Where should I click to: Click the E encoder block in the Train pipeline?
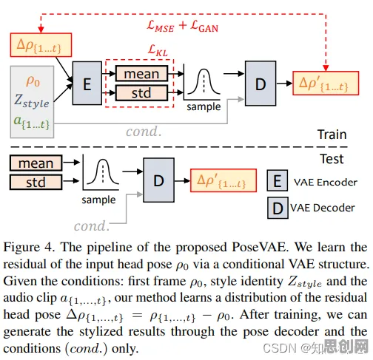click(87, 84)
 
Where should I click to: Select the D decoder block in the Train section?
click(261, 84)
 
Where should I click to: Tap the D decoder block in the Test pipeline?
click(159, 180)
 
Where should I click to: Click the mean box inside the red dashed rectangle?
click(141, 73)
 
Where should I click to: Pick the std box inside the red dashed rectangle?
click(141, 93)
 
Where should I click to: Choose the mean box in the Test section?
click(36, 163)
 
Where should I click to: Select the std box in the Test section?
click(36, 182)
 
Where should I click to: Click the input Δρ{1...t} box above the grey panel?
click(41, 45)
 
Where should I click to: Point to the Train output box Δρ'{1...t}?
click(326, 83)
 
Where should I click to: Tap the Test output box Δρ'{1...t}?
click(224, 180)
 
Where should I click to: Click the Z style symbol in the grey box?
click(32, 101)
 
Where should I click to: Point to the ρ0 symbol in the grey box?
click(33, 81)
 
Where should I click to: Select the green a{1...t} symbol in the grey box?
click(32, 123)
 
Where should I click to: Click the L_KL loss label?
click(158, 50)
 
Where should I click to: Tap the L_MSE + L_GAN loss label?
click(183, 26)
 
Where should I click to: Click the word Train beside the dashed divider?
click(332, 135)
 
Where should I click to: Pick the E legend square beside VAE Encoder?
click(278, 180)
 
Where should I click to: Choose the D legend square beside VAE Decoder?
click(278, 208)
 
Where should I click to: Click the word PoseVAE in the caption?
click(260, 247)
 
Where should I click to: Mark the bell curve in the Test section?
click(103, 171)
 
